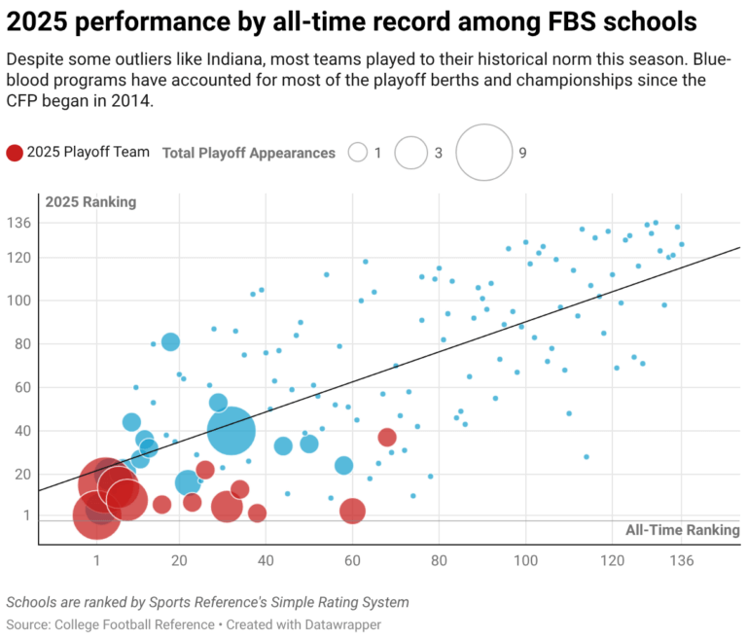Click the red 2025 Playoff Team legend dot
coord(15,153)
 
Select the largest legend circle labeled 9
coord(483,153)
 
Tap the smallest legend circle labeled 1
coord(358,153)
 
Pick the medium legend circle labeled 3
coord(411,153)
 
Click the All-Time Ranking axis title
coord(682,530)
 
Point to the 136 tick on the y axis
coord(20,223)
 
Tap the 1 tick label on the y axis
coord(27,515)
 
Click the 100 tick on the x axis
coord(525,561)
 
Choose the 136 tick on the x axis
coord(681,561)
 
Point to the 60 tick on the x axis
coord(352,561)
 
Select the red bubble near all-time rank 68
coord(387,438)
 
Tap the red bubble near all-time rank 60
coord(352,511)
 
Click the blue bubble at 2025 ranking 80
coord(170,341)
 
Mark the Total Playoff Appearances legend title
coord(248,153)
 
